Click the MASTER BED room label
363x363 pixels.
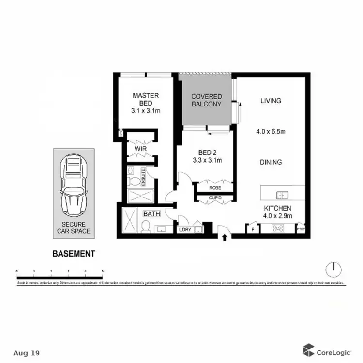pyautogui.click(x=146, y=96)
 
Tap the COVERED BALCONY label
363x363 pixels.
pyautogui.click(x=206, y=100)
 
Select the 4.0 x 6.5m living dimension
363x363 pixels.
pyautogui.click(x=271, y=131)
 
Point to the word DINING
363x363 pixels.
pyautogui.click(x=271, y=163)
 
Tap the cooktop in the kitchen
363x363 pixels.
pyautogui.click(x=278, y=228)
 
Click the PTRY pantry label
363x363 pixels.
pyautogui.click(x=302, y=229)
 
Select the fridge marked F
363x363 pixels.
pyautogui.click(x=252, y=229)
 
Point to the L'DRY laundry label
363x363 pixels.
pyautogui.click(x=185, y=230)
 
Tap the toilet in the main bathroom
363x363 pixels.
pyautogui.click(x=145, y=226)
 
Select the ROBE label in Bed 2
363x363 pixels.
pyautogui.click(x=215, y=187)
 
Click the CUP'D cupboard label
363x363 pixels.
pyautogui.click(x=215, y=197)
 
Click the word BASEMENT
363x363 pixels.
pyautogui.click(x=74, y=253)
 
